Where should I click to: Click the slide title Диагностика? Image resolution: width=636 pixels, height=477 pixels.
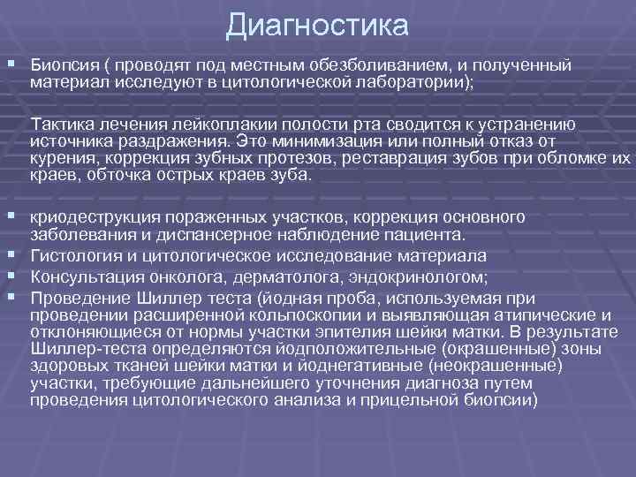coord(317,25)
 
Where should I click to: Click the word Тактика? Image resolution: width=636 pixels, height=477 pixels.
coord(60,125)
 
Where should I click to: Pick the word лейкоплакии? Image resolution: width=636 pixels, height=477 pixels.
coord(222,125)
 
